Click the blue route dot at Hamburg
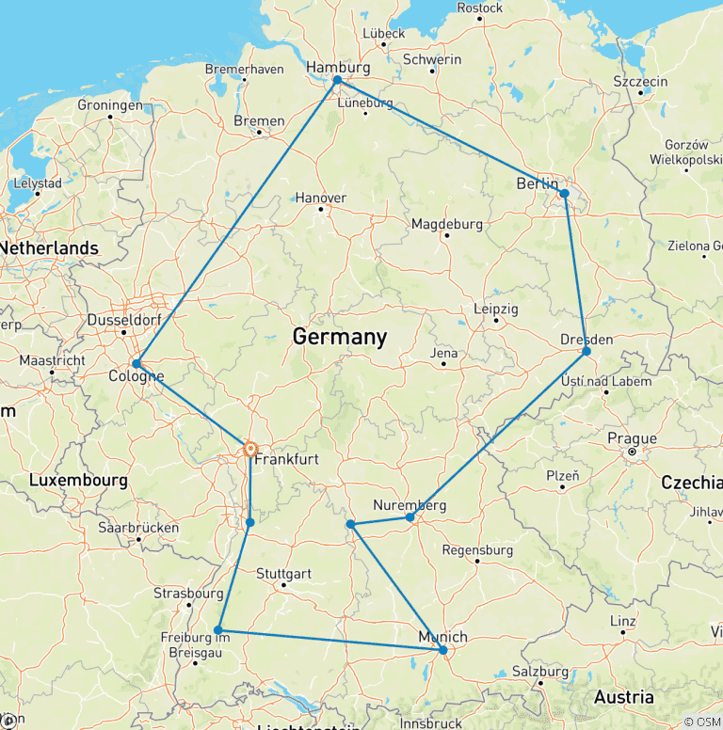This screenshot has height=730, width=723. coord(337,80)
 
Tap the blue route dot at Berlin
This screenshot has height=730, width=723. coord(564,194)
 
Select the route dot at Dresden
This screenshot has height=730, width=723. coord(586,351)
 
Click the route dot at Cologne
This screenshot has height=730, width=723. coord(137,363)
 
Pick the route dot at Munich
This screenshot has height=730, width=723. coord(443,650)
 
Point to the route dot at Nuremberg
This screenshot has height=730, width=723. coord(410,517)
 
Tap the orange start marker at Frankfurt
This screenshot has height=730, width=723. coord(250,450)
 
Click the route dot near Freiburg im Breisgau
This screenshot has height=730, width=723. coord(218,630)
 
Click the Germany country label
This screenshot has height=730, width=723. coord(339,337)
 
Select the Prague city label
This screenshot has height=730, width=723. coord(633,438)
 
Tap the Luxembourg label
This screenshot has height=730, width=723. coord(78,480)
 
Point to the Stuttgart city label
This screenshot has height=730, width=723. coord(283,573)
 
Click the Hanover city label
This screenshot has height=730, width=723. coord(321,198)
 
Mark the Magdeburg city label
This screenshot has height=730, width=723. coord(446,224)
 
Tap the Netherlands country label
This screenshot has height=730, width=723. coord(49,247)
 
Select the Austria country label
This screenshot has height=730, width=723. coord(623,697)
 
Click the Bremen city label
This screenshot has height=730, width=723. coord(259,120)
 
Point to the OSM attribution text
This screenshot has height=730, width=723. coord(701,722)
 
